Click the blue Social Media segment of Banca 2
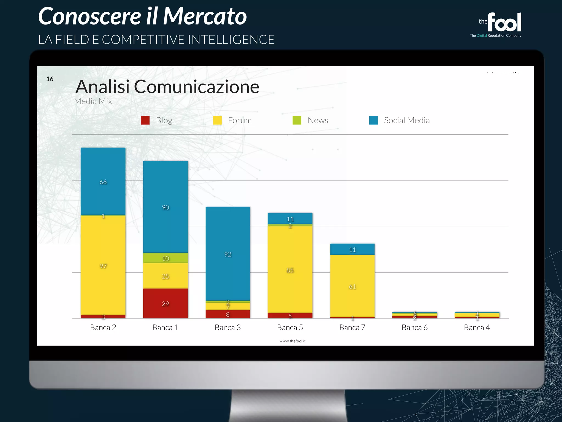tap(103, 181)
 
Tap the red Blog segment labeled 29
tap(165, 303)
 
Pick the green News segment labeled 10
tap(165, 258)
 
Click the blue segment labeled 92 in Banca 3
tap(228, 254)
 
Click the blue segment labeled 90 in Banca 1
tap(165, 207)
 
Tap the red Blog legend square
tap(145, 120)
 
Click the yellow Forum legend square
tap(217, 120)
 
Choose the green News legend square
tap(297, 120)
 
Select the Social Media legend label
tap(407, 120)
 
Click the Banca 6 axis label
tap(414, 327)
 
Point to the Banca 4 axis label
tap(477, 327)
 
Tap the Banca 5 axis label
tap(290, 327)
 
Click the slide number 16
tap(50, 79)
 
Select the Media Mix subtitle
tap(93, 101)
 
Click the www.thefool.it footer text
tap(293, 341)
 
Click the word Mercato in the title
tap(205, 16)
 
